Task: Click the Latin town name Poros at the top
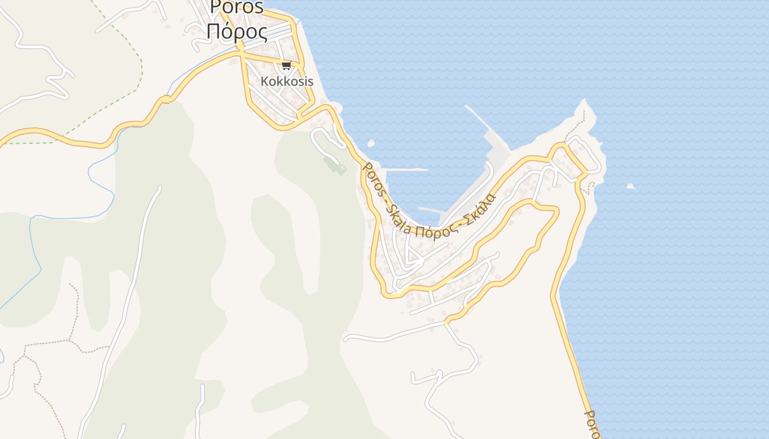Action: click(237, 7)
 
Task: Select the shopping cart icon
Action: click(286, 66)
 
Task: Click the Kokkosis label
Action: click(287, 81)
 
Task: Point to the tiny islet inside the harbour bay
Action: click(371, 144)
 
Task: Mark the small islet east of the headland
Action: click(631, 187)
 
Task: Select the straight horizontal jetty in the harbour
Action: click(406, 170)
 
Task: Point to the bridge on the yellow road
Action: click(166, 99)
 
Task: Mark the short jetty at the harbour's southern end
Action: click(431, 210)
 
